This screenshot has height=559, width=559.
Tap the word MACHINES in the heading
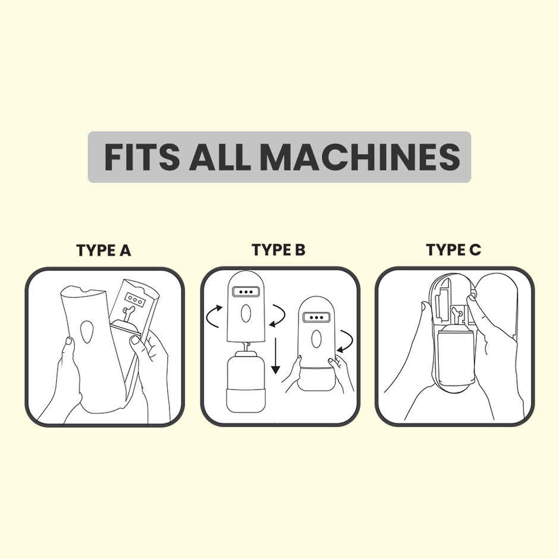[360, 157]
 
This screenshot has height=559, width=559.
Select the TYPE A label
[103, 250]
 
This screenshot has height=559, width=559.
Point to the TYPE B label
[278, 250]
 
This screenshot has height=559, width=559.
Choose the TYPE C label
[454, 250]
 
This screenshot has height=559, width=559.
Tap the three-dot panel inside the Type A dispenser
[135, 300]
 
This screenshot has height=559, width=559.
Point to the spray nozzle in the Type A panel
[127, 313]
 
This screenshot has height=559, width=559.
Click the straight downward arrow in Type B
[275, 356]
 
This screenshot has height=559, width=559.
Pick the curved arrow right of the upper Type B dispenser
[277, 316]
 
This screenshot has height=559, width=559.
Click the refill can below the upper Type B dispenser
[246, 381]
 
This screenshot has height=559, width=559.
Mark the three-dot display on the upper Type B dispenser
[246, 291]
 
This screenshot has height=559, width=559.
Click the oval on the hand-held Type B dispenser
[316, 339]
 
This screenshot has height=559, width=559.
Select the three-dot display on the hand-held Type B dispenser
[316, 318]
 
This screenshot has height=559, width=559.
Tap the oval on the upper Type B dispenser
[246, 314]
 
